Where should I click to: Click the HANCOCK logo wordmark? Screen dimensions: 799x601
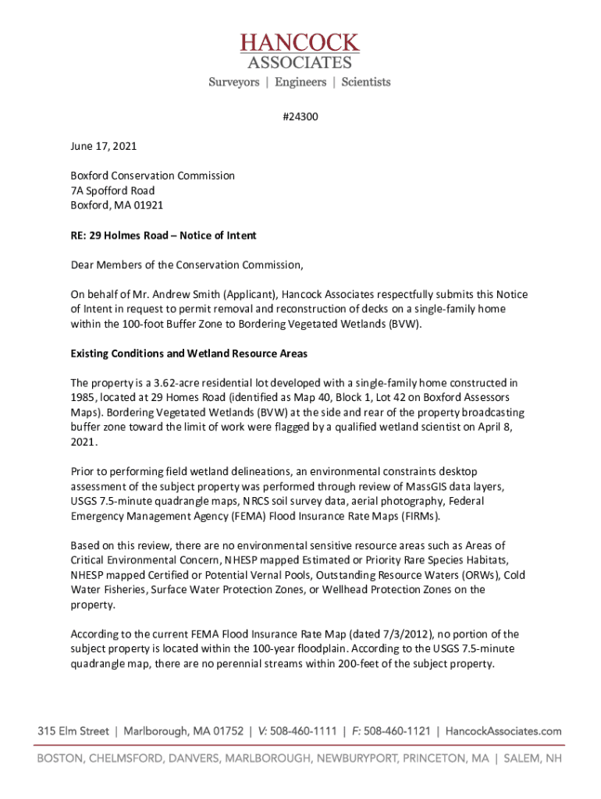pyautogui.click(x=300, y=43)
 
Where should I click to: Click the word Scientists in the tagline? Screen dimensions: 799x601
pyautogui.click(x=365, y=82)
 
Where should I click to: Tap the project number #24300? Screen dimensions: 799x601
pyautogui.click(x=300, y=117)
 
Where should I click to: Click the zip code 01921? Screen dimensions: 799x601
pyautogui.click(x=148, y=205)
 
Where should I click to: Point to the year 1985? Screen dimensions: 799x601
pyautogui.click(x=83, y=398)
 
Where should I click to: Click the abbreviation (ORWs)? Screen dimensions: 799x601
pyautogui.click(x=479, y=575)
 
